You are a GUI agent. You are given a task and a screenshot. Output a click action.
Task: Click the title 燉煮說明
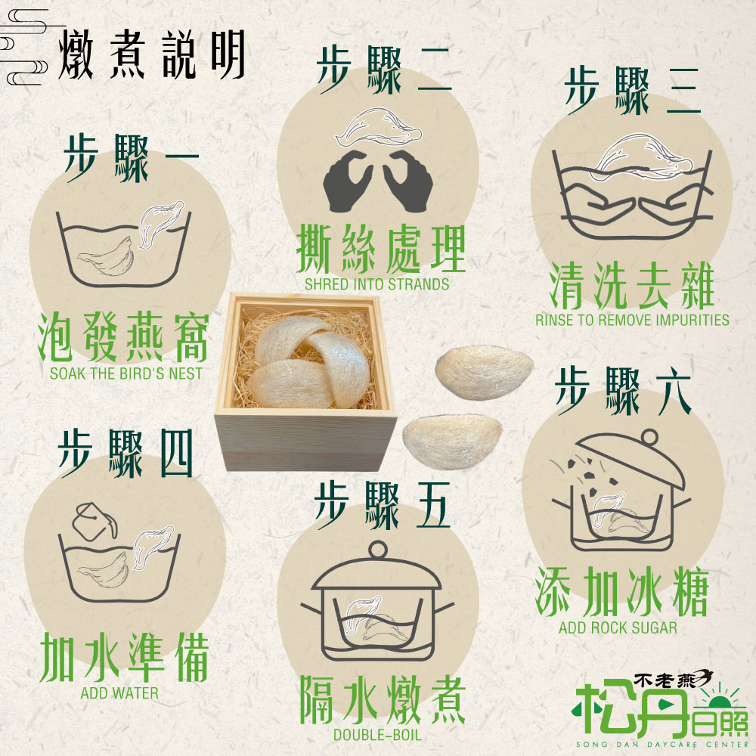click(151, 54)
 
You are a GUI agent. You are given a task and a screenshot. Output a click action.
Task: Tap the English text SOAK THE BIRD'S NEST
click(125, 373)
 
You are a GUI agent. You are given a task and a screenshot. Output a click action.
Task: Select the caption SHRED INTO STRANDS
click(376, 284)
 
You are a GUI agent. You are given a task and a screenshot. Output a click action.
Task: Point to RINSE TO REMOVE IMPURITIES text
click(632, 320)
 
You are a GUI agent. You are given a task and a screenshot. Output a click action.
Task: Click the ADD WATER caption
click(119, 693)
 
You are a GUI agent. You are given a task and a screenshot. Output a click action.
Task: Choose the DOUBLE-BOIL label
click(377, 736)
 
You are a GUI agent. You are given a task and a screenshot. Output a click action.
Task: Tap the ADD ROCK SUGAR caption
click(618, 627)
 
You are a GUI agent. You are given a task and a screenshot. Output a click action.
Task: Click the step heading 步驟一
click(132, 158)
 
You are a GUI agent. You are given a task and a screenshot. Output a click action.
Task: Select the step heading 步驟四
click(125, 453)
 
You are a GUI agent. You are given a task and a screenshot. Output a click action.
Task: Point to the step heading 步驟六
click(624, 391)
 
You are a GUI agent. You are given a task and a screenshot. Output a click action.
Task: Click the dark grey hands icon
click(378, 181)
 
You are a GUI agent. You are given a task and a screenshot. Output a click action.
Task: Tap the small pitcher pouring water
click(94, 522)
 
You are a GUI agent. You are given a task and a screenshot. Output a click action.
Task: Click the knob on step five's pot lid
click(378, 550)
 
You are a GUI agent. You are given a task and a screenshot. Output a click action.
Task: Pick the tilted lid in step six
click(631, 459)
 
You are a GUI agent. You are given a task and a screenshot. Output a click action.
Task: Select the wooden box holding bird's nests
click(305, 381)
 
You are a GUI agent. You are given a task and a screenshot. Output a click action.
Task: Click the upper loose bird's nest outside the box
click(484, 372)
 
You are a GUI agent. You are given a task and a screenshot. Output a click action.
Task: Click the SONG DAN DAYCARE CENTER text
click(661, 745)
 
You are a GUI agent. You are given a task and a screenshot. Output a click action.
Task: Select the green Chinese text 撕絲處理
click(381, 249)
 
